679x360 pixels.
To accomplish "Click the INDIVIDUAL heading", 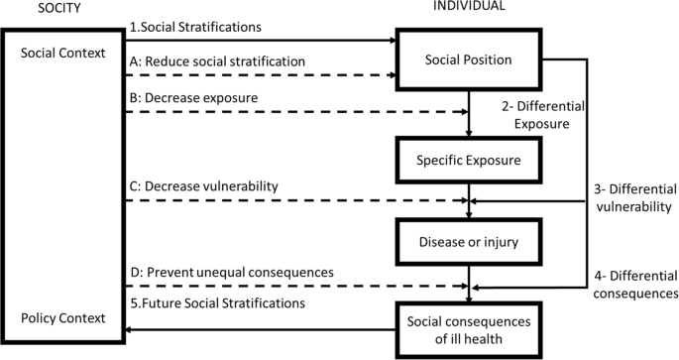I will click(469, 7).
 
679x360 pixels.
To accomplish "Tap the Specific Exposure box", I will click(468, 160).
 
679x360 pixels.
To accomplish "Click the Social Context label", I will click(62, 53).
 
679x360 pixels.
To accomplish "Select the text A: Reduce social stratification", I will click(217, 60).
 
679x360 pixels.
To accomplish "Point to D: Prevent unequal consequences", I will click(230, 271).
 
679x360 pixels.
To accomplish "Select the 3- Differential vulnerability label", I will click(629, 196).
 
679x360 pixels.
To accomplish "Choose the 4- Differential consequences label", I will click(629, 284).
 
